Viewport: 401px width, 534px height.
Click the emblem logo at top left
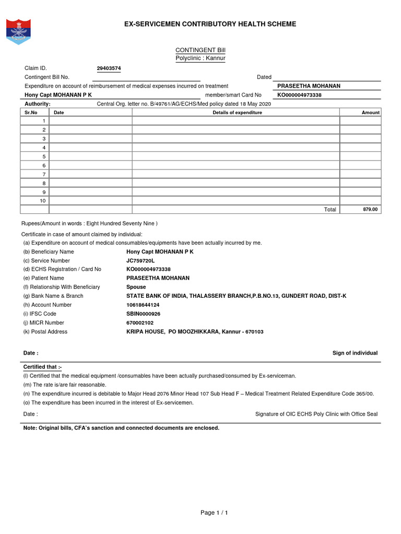pos(18,31)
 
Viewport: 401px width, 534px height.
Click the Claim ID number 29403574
pos(109,68)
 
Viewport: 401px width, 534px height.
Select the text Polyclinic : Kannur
pos(200,58)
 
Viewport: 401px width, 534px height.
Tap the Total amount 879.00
pos(370,209)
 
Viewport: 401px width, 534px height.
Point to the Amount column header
pos(371,113)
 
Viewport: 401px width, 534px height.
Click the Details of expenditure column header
pos(237,113)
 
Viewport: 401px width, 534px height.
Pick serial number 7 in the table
pos(44,174)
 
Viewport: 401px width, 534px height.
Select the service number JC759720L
pos(140,260)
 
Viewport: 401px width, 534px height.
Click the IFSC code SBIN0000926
pos(144,314)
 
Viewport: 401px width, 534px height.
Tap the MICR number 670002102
pos(140,323)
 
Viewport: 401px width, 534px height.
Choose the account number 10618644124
pos(143,305)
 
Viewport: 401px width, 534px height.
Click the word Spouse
pos(136,287)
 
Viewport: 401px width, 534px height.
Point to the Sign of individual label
pos(355,353)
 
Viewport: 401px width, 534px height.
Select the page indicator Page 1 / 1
pos(215,513)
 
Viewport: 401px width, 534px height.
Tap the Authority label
pos(37,104)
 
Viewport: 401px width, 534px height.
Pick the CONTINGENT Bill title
pos(200,50)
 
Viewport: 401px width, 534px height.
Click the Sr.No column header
pos(31,113)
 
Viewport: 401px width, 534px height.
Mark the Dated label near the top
pos(264,77)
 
